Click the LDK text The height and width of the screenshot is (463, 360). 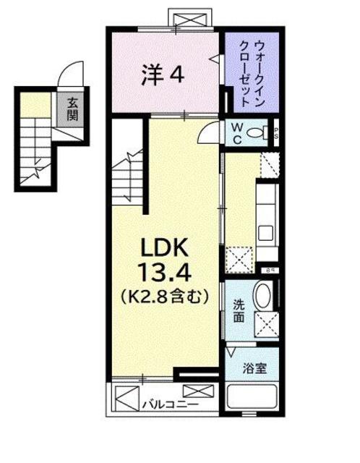click(x=164, y=250)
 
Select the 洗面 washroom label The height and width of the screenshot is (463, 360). click(x=239, y=311)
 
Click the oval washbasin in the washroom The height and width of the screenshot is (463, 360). click(x=263, y=297)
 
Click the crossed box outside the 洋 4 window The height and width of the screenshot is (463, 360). click(x=191, y=17)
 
